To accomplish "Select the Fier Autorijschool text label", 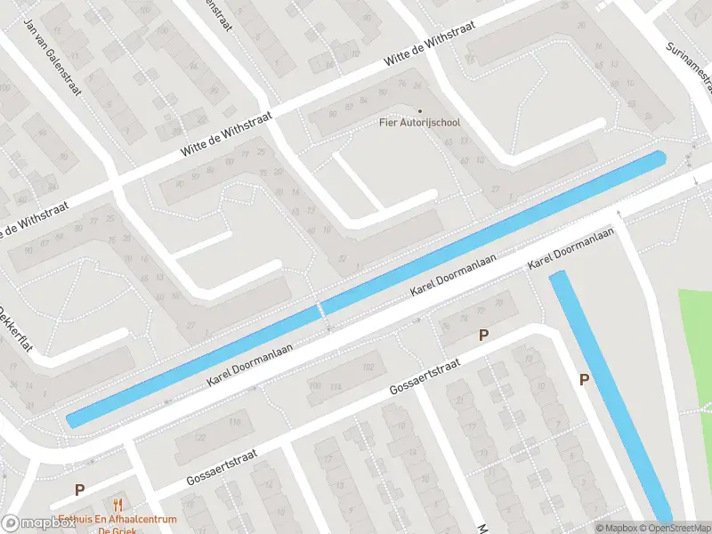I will pyautogui.click(x=420, y=123).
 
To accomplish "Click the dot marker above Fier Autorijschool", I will pyautogui.click(x=420, y=111).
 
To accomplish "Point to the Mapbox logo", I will pyautogui.click(x=38, y=523).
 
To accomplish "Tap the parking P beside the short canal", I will pyautogui.click(x=585, y=380).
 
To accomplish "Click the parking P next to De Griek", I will pyautogui.click(x=79, y=489).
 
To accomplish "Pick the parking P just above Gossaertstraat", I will pyautogui.click(x=484, y=336).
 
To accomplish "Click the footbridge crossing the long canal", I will pyautogui.click(x=320, y=311).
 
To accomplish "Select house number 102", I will pyautogui.click(x=368, y=367).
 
